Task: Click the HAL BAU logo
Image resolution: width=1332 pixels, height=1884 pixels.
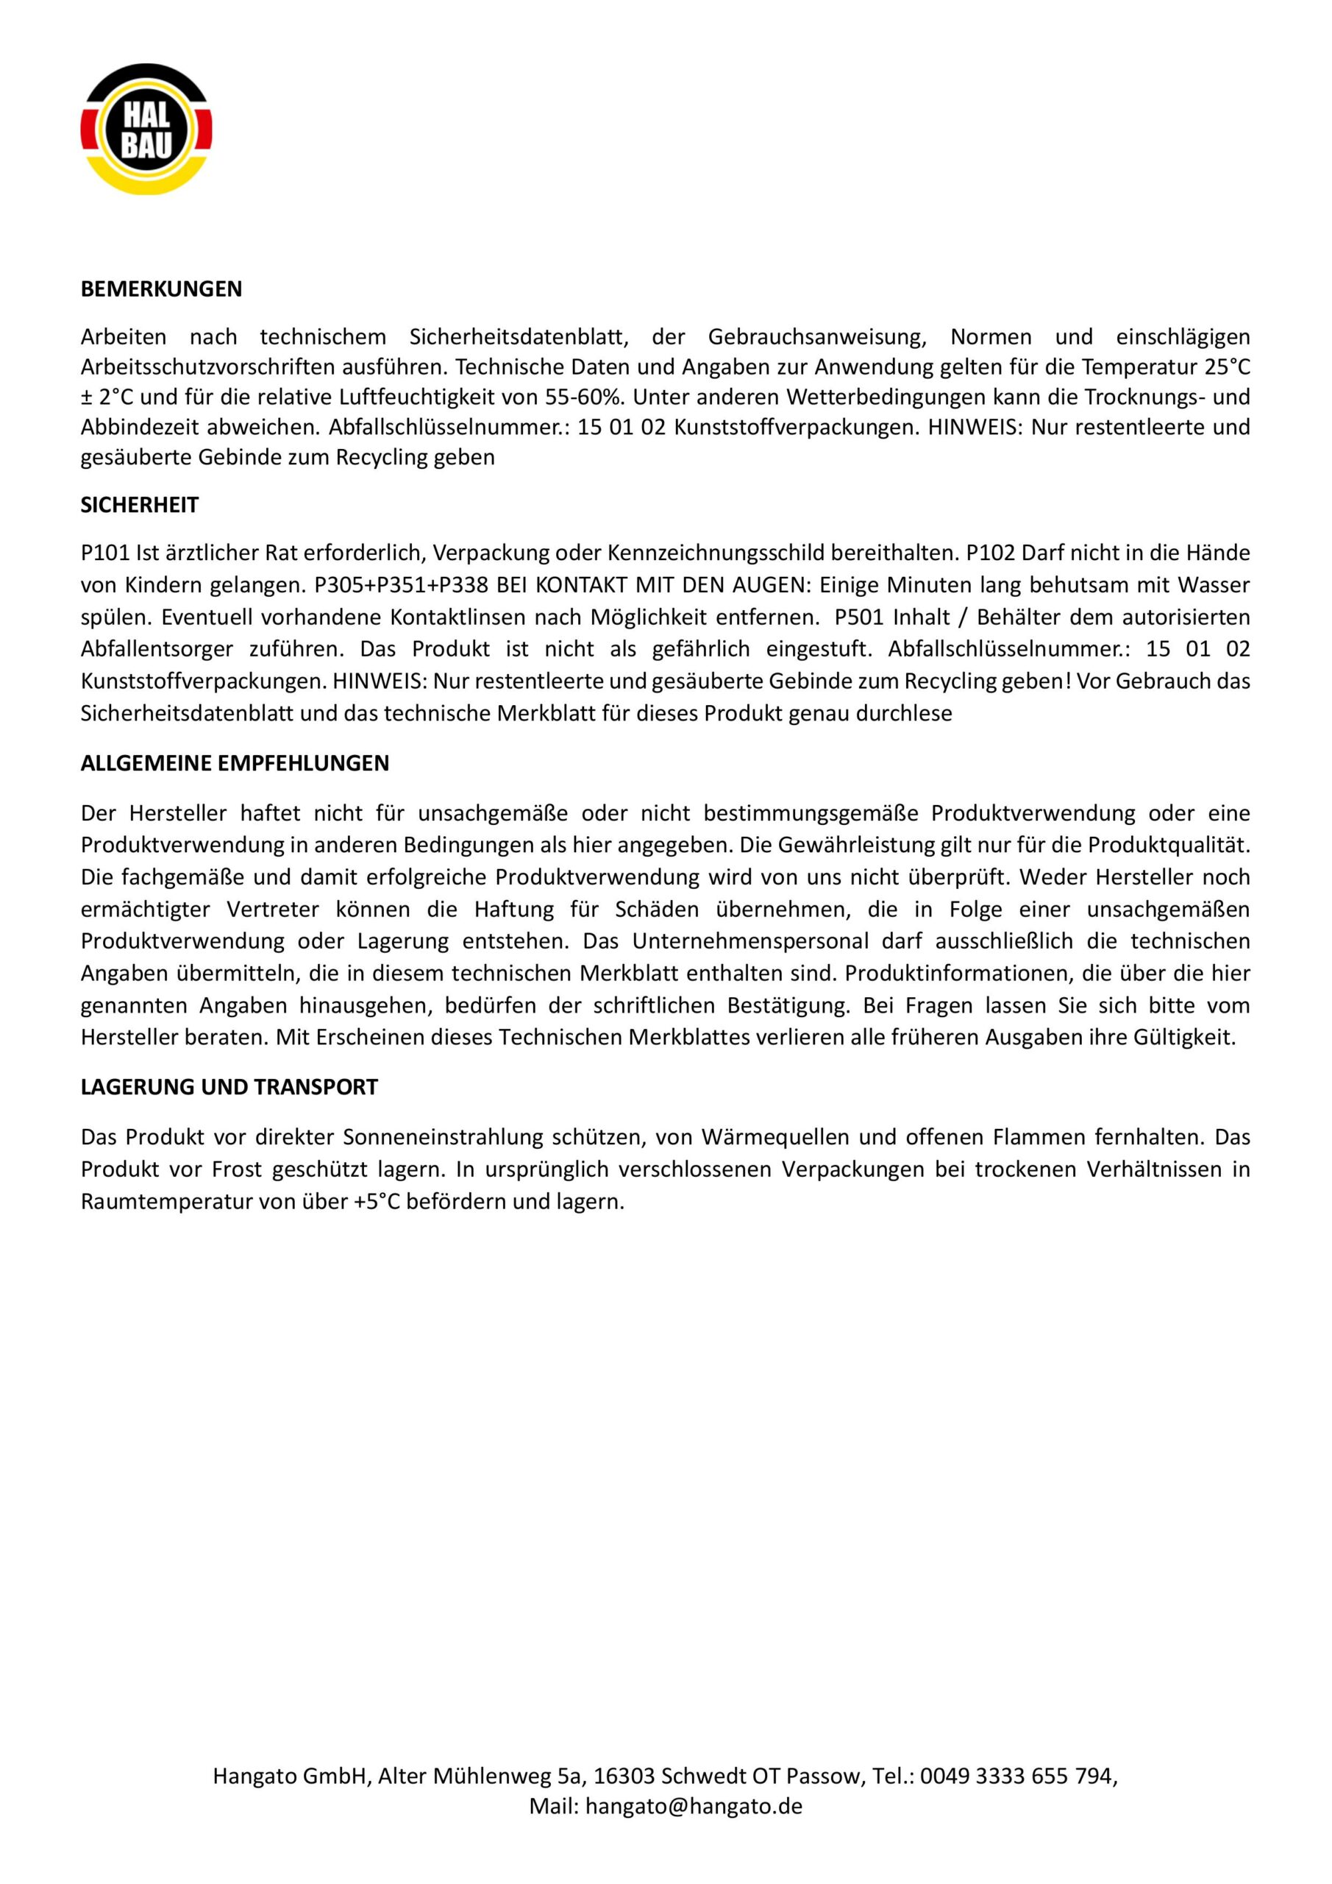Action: click(146, 130)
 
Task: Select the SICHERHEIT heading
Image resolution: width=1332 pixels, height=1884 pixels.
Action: click(140, 505)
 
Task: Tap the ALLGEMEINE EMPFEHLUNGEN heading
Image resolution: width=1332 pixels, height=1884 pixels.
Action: click(235, 763)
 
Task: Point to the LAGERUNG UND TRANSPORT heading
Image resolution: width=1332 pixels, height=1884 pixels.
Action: click(229, 1087)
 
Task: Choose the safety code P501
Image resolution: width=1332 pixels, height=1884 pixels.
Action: click(860, 617)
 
